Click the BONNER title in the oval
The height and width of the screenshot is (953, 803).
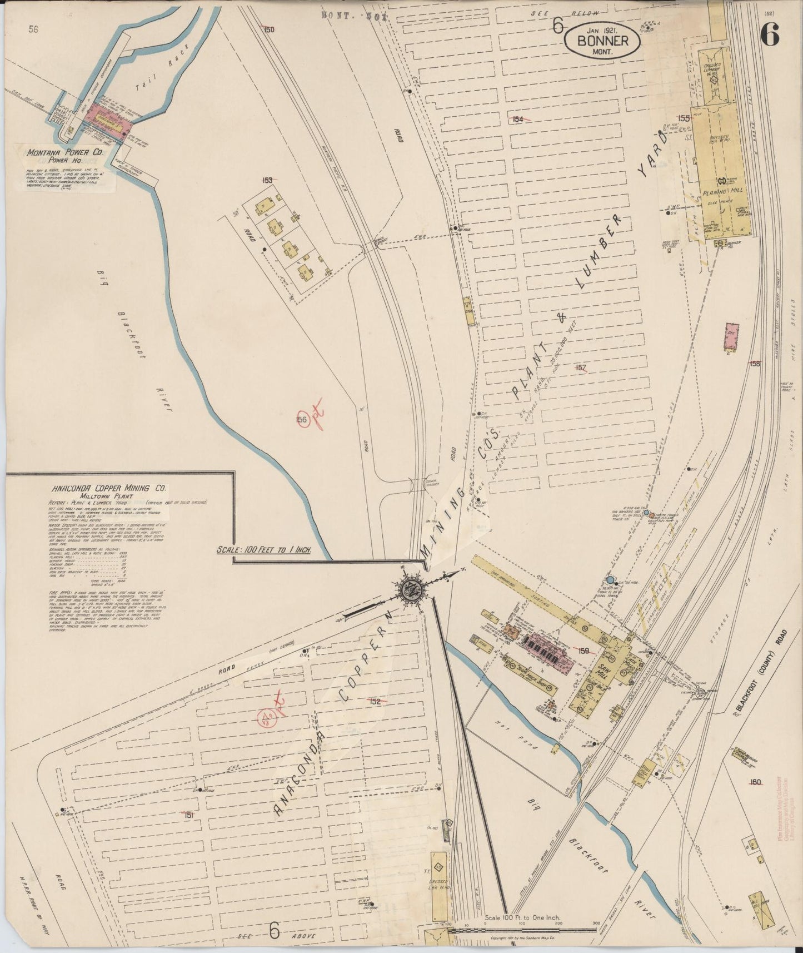coord(603,40)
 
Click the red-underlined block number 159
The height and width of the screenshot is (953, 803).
coord(583,651)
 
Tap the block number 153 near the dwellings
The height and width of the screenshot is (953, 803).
coord(268,180)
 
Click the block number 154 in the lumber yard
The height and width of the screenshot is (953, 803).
coord(518,118)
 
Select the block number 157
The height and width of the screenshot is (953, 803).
coord(581,368)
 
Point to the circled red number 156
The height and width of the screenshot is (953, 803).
coord(302,420)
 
